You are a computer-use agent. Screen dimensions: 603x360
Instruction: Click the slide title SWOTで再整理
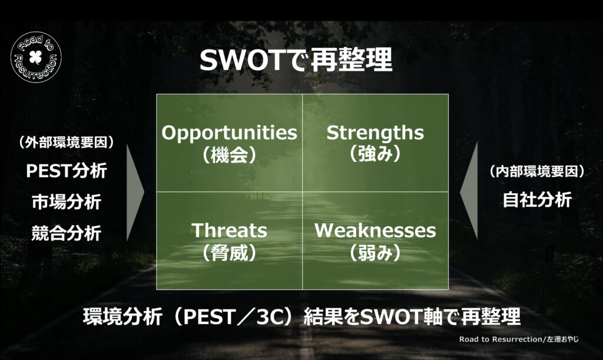(296, 60)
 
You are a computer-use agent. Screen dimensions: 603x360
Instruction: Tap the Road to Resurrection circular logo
(36, 57)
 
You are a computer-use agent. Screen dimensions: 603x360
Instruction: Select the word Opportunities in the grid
(229, 133)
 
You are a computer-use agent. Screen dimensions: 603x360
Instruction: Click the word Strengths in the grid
(375, 133)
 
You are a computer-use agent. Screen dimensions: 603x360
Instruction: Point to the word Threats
(229, 230)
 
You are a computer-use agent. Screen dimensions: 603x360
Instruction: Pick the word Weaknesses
(375, 230)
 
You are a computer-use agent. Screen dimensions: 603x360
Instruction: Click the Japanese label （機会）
(229, 155)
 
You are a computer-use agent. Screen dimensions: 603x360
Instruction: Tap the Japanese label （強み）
(375, 153)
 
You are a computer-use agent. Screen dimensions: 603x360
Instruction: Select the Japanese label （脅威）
(229, 253)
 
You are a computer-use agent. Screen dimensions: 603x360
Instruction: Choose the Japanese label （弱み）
(375, 253)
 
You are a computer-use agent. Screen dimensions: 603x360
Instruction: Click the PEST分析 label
(66, 171)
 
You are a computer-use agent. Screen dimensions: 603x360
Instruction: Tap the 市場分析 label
(66, 202)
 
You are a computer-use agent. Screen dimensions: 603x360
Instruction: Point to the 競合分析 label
(66, 233)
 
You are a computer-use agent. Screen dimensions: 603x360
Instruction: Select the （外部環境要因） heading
(66, 143)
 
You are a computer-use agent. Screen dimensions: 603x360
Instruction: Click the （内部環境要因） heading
(537, 171)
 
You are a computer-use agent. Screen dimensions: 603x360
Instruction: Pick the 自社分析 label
(537, 200)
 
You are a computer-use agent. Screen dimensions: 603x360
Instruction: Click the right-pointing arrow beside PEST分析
(135, 191)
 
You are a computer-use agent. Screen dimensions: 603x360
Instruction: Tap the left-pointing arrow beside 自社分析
(469, 191)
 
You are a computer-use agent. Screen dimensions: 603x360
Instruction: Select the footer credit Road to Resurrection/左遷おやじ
(519, 339)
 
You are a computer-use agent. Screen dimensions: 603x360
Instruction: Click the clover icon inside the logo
(36, 57)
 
